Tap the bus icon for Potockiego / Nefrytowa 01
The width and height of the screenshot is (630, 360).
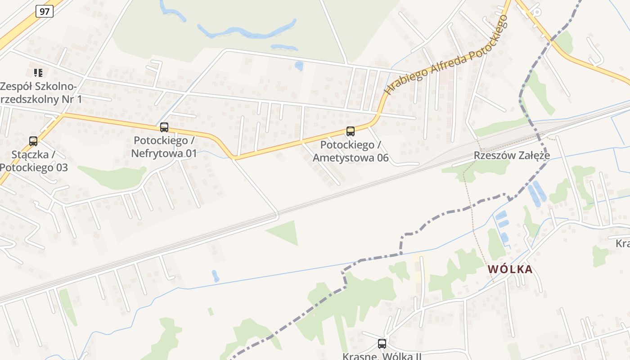point(164,127)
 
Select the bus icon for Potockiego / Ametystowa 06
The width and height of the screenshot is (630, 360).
point(350,131)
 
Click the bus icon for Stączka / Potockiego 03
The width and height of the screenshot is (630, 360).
point(33,141)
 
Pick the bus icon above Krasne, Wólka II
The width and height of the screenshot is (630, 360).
point(382,344)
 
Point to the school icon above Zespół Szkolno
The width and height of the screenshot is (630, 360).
point(38,72)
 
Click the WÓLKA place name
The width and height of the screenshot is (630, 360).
point(510,270)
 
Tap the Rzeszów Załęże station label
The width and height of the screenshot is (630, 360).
point(512,156)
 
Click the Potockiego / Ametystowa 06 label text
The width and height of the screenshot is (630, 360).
point(351,152)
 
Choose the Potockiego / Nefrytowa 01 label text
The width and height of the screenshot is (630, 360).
point(164,147)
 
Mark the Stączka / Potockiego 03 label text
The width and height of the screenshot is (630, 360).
point(33,161)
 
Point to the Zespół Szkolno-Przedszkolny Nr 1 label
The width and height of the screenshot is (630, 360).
point(40,93)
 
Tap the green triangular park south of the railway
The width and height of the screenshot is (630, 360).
point(285,232)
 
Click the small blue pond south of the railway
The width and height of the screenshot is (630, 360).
point(216,276)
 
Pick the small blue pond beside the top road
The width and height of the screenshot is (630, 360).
point(298,66)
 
